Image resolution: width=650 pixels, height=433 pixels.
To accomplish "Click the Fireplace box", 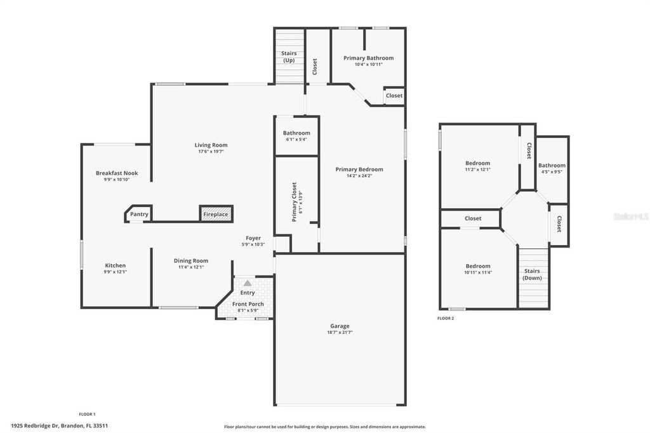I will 216,214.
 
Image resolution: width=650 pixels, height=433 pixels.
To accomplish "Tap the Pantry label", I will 139,214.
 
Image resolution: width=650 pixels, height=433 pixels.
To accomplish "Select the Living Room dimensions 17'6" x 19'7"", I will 211,152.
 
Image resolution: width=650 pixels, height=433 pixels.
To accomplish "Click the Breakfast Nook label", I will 117,173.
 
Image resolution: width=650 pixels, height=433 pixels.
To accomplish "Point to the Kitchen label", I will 116,265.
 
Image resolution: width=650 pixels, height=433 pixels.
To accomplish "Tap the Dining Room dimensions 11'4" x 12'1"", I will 191,267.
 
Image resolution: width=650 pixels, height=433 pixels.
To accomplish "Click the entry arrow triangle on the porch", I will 247,283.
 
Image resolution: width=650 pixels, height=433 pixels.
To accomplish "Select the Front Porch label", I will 248,304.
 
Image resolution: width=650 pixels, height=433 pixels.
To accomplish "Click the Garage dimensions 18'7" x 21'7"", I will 340,332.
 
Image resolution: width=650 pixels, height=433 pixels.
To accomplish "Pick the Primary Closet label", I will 294,202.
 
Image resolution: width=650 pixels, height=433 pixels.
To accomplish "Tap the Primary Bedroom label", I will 359,170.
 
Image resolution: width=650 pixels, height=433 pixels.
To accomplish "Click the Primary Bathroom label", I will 368,58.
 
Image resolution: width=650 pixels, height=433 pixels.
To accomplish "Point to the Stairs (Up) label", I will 289,57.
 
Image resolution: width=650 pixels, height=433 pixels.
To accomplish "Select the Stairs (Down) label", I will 532,274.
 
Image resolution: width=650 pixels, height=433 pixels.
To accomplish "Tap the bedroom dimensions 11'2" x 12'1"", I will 477,170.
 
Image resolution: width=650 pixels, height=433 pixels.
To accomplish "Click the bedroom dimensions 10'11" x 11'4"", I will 478,272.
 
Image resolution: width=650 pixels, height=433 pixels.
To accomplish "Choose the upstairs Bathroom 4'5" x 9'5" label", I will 552,166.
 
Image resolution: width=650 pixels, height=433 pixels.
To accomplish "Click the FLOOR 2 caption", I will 446,318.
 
